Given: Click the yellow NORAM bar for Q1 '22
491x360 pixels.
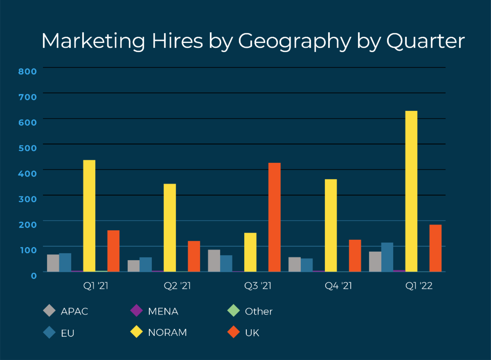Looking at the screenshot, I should pos(411,191).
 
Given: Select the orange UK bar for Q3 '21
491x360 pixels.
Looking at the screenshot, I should pos(275,217).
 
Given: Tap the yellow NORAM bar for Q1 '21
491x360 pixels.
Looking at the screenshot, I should pos(89,216).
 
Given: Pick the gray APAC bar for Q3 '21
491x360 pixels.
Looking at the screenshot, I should pos(214,261).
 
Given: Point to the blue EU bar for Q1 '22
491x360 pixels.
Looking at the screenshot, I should pos(387,257).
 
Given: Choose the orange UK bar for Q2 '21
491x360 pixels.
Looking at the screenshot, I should pos(194,256).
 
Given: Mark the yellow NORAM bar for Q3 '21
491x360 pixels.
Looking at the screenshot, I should pos(250,252).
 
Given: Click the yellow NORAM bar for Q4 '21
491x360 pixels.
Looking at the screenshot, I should pos(331,225).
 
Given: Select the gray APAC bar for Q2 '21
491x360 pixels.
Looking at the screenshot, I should pos(133,265).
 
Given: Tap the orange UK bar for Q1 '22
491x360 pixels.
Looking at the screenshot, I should pos(435,248).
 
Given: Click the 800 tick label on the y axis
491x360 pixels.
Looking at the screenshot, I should pos(28,71).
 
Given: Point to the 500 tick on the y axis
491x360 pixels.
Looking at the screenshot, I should pos(28,148).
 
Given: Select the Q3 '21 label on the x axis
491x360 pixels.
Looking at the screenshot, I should pos(258,286).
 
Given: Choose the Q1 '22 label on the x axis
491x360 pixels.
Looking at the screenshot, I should pos(419,286).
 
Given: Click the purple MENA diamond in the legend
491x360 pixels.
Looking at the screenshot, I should pos(136,311).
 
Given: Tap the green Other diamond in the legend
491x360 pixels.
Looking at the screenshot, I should pos(233,311).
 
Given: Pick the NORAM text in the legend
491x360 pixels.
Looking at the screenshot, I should pos(167,333).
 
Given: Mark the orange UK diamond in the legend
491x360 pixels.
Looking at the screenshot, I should pos(233,332).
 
